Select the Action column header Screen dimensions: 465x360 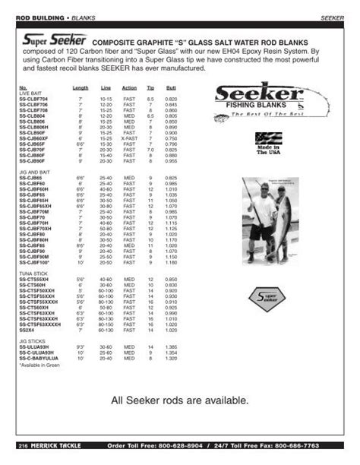[129, 88]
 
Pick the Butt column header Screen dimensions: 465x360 [172, 88]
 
